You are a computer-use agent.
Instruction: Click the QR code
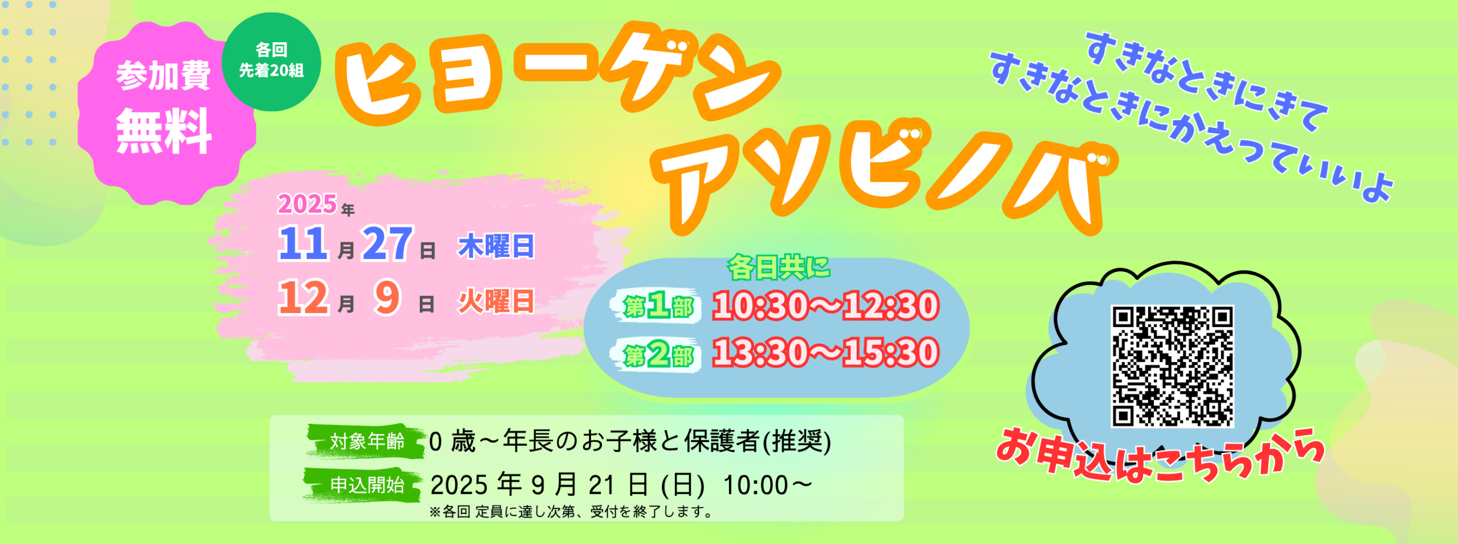pos(1173,366)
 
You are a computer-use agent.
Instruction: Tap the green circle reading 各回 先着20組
pos(271,61)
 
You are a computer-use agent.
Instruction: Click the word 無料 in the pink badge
pos(164,131)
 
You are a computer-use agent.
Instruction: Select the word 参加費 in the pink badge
pos(164,76)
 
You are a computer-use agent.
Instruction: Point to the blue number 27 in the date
pos(387,244)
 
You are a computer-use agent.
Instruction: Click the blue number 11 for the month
pos(304,244)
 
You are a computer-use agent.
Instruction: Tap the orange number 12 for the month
pos(304,298)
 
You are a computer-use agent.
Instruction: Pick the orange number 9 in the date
pos(387,298)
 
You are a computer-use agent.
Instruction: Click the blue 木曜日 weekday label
pos(496,246)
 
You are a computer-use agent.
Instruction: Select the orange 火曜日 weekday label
pos(496,301)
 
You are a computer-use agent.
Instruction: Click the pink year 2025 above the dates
pos(308,204)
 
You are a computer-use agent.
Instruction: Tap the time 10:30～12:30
pos(825,305)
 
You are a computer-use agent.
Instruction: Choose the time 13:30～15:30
pos(825,352)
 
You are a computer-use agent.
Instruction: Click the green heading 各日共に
pos(779,267)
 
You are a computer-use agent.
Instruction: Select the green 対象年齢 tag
pos(366,441)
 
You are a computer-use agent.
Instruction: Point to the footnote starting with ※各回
pos(571,512)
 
